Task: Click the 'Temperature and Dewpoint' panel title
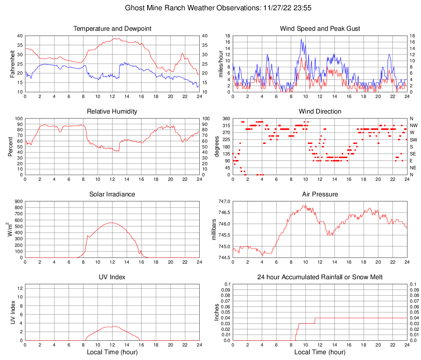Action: tap(112, 29)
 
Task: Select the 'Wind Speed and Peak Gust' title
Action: tap(320, 29)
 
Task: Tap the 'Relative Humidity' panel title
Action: tap(112, 112)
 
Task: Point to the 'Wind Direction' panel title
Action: tap(320, 112)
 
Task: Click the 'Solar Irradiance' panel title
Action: tap(112, 194)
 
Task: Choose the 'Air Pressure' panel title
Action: tap(320, 194)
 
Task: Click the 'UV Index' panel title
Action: tap(112, 277)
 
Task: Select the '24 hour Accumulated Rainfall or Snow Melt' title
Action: tap(320, 277)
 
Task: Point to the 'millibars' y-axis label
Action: tap(214, 229)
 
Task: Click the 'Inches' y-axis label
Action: tap(217, 312)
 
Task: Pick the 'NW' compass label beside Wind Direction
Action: tap(413, 125)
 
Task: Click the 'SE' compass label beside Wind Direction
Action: tap(413, 154)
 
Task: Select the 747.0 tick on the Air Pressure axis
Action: tap(223, 201)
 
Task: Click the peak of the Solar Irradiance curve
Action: tap(112, 223)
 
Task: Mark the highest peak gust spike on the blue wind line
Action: tap(301, 39)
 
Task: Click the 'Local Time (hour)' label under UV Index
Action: tap(112, 352)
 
